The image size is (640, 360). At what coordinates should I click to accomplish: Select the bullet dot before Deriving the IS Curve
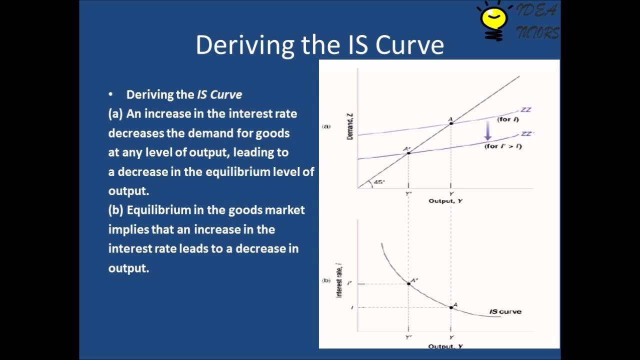[111, 94]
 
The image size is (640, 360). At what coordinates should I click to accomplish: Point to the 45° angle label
[379, 182]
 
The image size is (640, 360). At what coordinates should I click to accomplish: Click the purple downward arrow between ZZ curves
[488, 131]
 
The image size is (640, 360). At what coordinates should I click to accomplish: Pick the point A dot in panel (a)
[451, 122]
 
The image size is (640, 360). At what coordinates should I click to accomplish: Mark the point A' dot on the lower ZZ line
[408, 152]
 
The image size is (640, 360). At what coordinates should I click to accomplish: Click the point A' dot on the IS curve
[408, 283]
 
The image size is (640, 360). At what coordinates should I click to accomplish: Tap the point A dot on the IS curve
[451, 307]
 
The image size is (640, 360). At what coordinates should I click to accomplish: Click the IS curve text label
[505, 311]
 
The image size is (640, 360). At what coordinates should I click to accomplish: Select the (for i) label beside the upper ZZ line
[507, 120]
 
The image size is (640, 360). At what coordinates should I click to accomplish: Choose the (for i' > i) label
[503, 146]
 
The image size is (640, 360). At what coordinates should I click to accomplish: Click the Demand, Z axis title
[350, 126]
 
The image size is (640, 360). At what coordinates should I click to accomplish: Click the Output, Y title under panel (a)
[445, 201]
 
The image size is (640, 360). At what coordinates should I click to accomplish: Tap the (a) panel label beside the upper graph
[326, 126]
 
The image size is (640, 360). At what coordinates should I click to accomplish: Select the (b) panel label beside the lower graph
[326, 280]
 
